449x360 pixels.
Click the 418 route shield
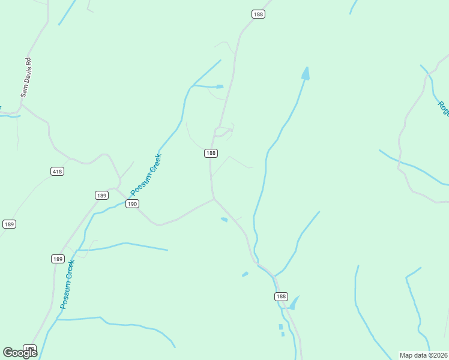(57, 172)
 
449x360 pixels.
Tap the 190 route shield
(133, 204)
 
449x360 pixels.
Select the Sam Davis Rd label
(26, 77)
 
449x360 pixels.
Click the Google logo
(19, 352)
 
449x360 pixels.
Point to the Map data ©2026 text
(423, 355)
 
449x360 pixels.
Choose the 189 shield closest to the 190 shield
(101, 195)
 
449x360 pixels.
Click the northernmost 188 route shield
(258, 14)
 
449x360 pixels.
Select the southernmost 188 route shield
(281, 296)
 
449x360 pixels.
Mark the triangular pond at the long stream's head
(306, 74)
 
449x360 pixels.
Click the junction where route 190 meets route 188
(214, 199)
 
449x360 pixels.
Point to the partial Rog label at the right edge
(443, 109)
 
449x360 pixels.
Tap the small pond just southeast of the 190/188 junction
(224, 220)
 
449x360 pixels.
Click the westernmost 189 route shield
(8, 224)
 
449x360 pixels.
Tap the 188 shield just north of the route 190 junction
(210, 153)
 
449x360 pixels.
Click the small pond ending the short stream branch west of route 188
(220, 87)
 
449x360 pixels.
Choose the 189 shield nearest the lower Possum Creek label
(57, 259)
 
